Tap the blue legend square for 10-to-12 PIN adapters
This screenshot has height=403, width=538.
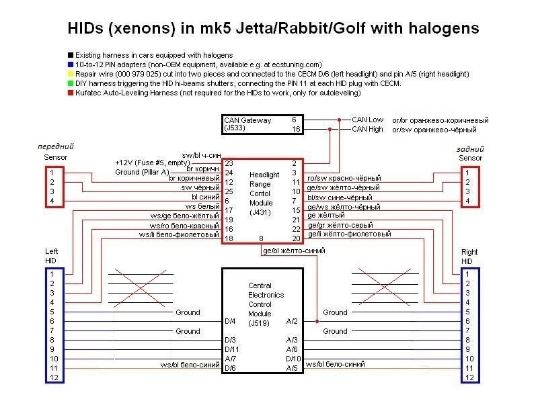click(71, 64)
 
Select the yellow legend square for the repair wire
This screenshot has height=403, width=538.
click(71, 74)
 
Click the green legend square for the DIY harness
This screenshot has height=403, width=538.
click(71, 83)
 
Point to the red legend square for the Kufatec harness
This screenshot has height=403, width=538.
click(71, 93)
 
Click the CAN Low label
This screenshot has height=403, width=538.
click(367, 120)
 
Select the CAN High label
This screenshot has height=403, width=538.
click(367, 129)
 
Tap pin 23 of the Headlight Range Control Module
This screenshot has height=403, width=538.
click(229, 163)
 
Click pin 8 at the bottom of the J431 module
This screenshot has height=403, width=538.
click(261, 238)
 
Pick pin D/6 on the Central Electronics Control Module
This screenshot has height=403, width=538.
click(230, 368)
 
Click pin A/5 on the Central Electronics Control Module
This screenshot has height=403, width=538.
click(292, 368)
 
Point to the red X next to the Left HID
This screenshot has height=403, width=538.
click(141, 288)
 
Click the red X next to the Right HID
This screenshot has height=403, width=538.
click(385, 287)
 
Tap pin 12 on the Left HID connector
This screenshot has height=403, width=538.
click(54, 377)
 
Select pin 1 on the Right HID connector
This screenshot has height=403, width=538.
click(467, 274)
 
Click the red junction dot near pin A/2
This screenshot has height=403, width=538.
click(317, 322)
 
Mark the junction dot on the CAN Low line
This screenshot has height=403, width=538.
click(339, 120)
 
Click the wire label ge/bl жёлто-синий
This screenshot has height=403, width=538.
click(294, 251)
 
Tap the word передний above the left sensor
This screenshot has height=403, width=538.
click(56, 146)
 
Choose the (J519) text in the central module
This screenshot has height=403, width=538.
click(259, 323)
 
